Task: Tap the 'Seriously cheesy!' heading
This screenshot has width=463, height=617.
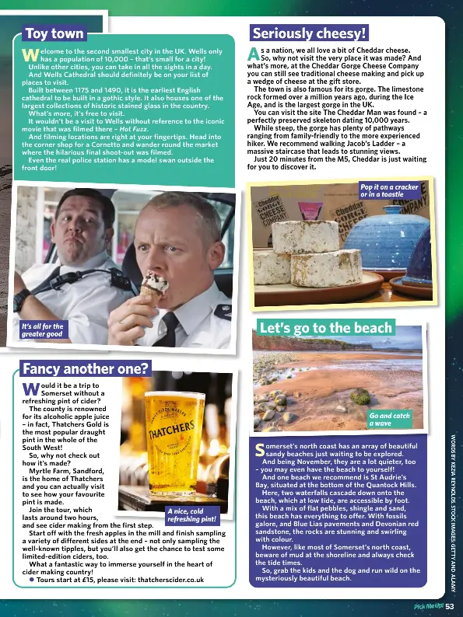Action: point(308,33)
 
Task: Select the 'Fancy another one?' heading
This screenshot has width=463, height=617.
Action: point(86,368)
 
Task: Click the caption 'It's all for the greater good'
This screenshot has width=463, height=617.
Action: point(43,330)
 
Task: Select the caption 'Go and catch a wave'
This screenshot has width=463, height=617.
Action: point(390,420)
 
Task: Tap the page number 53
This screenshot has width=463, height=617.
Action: point(451,606)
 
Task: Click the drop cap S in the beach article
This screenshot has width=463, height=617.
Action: point(261,448)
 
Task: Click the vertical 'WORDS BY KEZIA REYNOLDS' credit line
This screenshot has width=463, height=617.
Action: point(453,504)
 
